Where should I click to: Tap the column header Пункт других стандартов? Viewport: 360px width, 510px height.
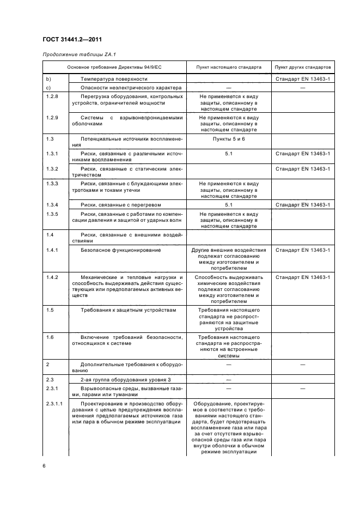(303, 67)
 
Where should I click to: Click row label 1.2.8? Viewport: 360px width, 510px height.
(53, 95)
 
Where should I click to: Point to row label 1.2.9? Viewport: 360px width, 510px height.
(53, 117)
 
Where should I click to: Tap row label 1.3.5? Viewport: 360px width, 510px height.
(53, 215)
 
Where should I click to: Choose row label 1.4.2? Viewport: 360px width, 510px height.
(53, 277)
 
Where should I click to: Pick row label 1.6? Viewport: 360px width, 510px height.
(50, 337)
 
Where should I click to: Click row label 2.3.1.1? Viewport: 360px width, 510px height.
(54, 404)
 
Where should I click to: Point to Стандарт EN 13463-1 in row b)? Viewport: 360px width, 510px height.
(303, 80)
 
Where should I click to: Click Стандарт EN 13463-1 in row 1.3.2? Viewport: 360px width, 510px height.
(303, 169)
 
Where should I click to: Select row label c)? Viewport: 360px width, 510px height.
(48, 87)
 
